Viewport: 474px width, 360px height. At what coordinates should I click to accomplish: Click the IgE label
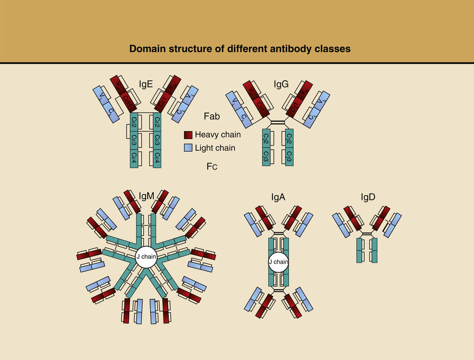(x=146, y=84)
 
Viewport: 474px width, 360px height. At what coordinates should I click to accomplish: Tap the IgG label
(x=281, y=84)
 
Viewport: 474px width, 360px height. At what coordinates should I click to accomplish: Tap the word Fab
(x=212, y=116)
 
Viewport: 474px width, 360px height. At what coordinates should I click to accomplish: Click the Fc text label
(x=212, y=166)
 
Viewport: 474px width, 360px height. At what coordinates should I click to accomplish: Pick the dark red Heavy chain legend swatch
(x=188, y=134)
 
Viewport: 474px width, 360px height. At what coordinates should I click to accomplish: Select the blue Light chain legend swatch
(x=188, y=148)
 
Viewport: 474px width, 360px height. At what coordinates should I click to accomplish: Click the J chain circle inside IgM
(x=146, y=257)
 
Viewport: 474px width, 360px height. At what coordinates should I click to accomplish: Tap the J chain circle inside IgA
(x=278, y=262)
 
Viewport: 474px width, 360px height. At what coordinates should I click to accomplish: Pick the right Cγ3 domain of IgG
(x=290, y=157)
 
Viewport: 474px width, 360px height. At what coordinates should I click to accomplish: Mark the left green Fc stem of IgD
(x=359, y=250)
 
